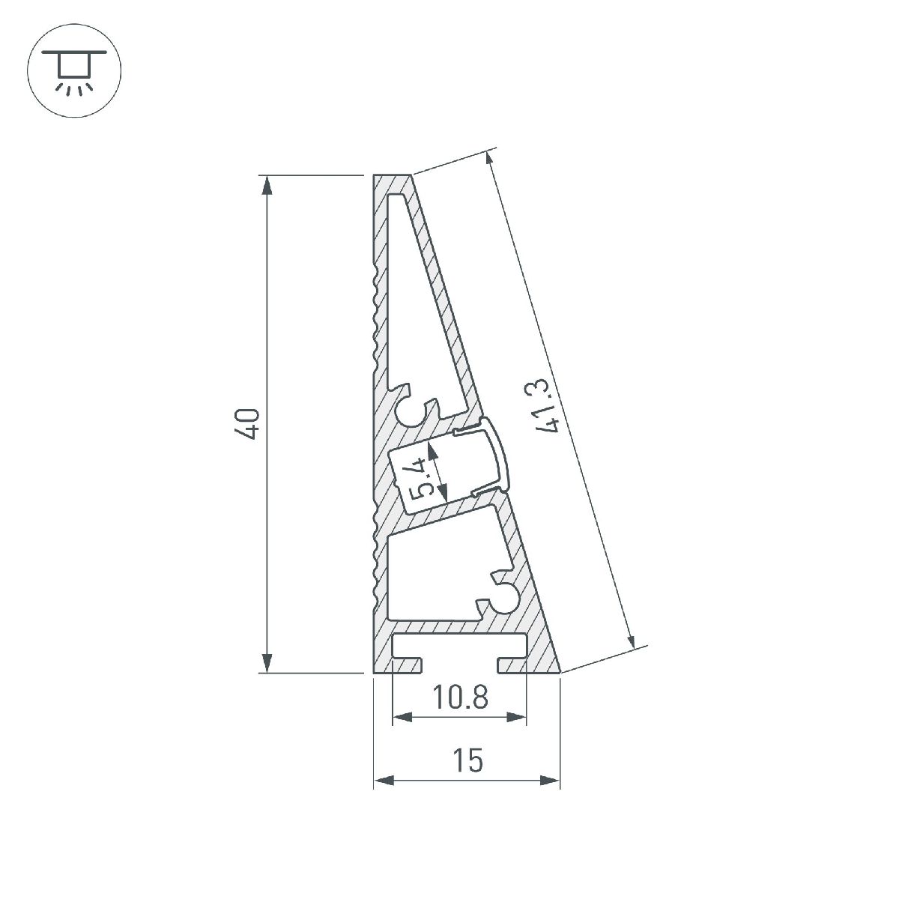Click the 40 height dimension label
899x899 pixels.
pyautogui.click(x=250, y=423)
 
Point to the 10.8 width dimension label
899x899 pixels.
pyautogui.click(x=459, y=697)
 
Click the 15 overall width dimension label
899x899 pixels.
pyautogui.click(x=467, y=761)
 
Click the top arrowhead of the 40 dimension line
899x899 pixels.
pyautogui.click(x=266, y=184)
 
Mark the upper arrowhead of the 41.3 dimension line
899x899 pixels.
pyautogui.click(x=490, y=162)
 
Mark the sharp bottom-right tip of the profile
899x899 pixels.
pyautogui.click(x=559, y=671)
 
